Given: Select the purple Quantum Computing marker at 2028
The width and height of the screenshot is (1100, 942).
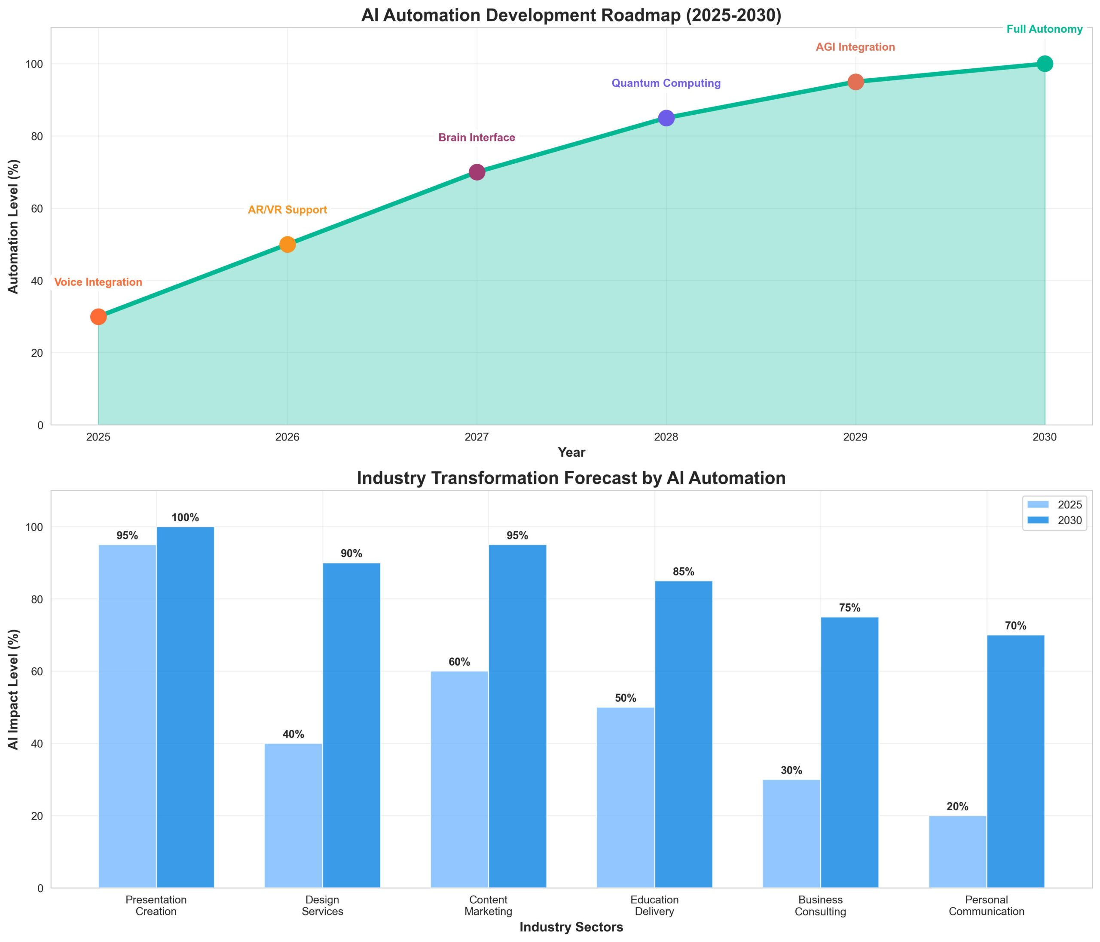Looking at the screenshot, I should coord(666,118).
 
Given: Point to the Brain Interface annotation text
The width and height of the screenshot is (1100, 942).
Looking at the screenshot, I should coord(477,138).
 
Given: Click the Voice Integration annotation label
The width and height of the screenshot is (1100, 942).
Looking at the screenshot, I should coord(98,282).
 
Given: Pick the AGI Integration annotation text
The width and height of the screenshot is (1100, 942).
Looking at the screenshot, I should coord(855,47).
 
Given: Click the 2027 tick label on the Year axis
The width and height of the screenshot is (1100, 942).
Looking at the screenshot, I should coord(477,437).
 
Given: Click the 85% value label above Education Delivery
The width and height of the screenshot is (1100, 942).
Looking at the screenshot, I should coord(683,572).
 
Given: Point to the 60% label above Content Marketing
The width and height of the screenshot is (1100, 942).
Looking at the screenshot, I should coord(459,662).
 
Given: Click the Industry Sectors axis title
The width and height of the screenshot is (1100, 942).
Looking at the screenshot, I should coord(571,927).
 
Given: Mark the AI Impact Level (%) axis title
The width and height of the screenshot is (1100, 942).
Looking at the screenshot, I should coord(14,689).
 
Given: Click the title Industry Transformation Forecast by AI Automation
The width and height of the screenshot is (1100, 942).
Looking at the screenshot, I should coord(571,478).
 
